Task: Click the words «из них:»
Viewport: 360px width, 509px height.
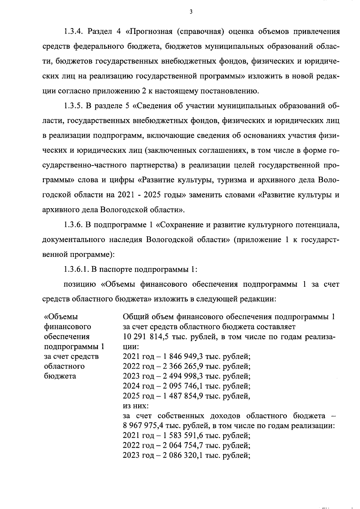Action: click(x=136, y=406)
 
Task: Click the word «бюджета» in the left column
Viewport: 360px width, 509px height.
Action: click(x=60, y=376)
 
